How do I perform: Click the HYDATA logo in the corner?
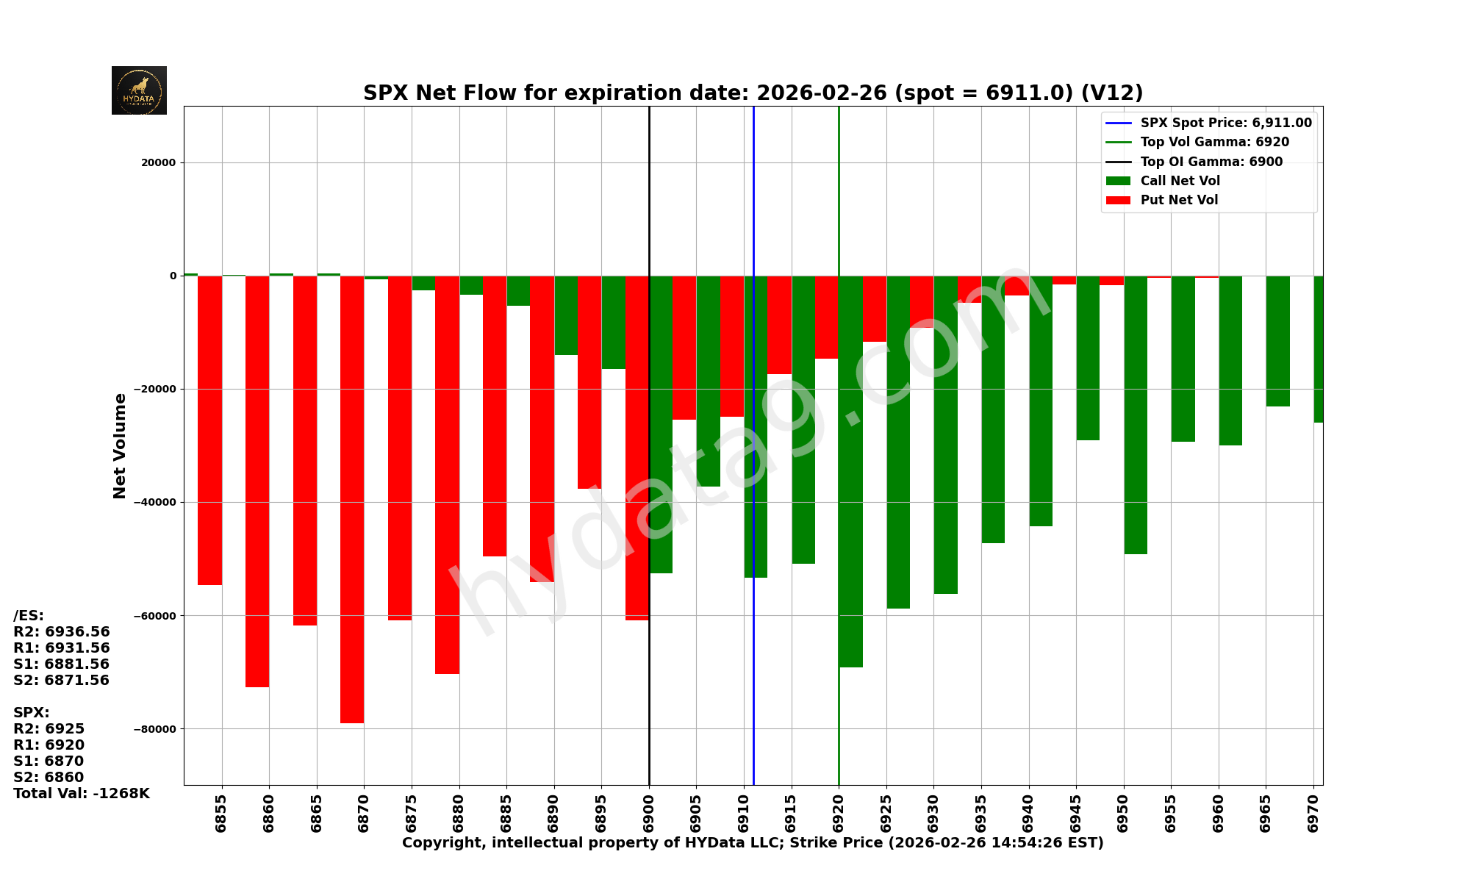coord(139,90)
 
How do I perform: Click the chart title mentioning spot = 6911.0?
coord(753,93)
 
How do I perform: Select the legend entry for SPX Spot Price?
coord(1225,123)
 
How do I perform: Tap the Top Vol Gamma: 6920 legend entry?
coord(1214,142)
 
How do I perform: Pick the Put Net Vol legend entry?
coord(1179,200)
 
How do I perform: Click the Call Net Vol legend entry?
coord(1180,181)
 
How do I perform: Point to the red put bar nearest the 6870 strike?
coord(352,500)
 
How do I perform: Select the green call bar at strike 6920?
coord(851,470)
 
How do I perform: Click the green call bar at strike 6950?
coord(1136,415)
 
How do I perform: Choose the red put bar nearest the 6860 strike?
coord(257,481)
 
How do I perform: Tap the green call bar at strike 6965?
coord(1277,341)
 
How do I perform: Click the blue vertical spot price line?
coord(753,661)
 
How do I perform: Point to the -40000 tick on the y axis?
coord(155,502)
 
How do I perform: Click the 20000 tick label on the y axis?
coord(159,162)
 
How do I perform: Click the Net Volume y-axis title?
coord(120,445)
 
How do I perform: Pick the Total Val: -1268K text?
coord(82,794)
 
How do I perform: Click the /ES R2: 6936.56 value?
coord(62,632)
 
